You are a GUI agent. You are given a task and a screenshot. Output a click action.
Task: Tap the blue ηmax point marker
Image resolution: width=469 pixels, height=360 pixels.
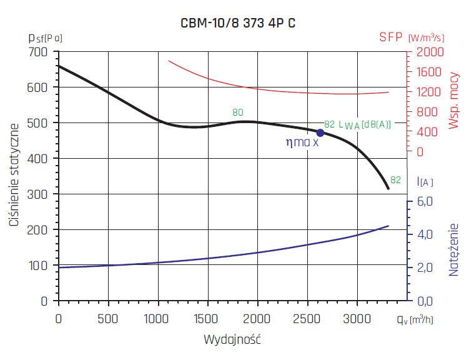pos(320,132)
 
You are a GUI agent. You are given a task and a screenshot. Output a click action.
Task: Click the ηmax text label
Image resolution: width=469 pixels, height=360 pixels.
pos(302,142)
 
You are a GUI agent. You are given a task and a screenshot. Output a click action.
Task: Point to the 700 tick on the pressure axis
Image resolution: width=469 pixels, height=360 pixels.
pos(39,52)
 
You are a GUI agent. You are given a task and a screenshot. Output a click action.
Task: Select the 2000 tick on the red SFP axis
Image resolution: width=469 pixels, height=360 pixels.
pos(426,52)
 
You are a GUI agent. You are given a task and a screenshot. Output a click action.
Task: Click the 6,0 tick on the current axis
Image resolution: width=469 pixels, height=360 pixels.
pos(425,202)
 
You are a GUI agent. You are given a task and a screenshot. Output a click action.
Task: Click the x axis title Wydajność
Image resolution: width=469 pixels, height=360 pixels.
pos(232,341)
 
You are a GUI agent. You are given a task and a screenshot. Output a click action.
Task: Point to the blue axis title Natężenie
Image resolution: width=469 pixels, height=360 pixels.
pos(454,249)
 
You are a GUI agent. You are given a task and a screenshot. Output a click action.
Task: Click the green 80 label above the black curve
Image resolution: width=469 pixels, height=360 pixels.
pos(237,112)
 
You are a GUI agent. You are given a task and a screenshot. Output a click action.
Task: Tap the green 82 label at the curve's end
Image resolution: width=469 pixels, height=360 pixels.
pos(395,179)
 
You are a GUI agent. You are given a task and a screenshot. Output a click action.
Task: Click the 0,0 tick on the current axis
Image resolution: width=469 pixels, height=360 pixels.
pos(425,301)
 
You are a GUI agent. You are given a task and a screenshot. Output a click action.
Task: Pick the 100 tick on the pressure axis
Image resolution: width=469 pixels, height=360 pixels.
pos(39,266)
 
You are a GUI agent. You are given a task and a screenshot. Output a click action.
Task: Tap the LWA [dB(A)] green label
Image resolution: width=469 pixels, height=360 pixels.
pos(365,124)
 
